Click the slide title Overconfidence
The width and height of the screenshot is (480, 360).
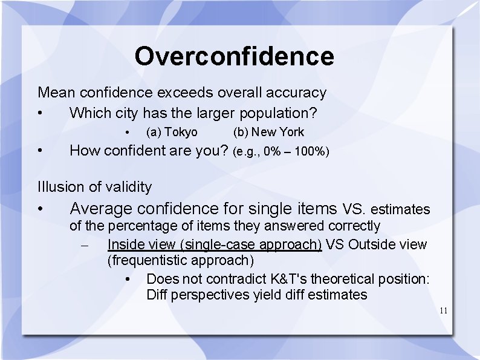234,56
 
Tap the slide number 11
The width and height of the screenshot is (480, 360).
443,311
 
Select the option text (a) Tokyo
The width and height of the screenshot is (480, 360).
172,132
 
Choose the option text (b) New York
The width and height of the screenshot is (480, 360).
268,132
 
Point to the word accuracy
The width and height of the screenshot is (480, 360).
297,93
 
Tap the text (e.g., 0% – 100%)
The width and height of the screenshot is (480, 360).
281,151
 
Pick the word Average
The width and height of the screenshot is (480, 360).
101,209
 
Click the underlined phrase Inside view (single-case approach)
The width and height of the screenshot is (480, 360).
215,244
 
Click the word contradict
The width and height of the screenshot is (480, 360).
232,279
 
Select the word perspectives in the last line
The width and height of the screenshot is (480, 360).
212,295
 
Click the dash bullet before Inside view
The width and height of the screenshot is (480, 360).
85,245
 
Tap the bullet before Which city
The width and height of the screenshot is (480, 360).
39,113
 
